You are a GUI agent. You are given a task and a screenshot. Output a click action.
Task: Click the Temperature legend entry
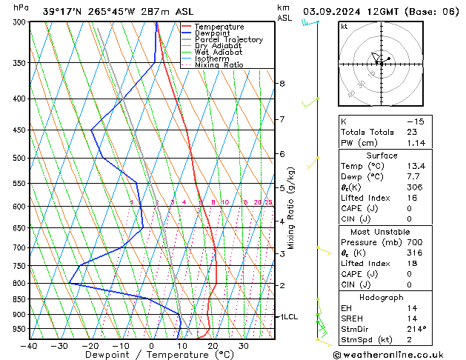click(x=219, y=27)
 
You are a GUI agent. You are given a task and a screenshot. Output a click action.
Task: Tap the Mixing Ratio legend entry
click(x=219, y=65)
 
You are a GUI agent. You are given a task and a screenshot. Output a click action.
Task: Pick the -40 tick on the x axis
click(x=30, y=346)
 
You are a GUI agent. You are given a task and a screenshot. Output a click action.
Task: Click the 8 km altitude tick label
click(x=282, y=84)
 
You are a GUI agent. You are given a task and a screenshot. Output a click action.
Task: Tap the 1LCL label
click(x=287, y=316)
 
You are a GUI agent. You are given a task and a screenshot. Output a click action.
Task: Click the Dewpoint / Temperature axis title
click(x=152, y=355)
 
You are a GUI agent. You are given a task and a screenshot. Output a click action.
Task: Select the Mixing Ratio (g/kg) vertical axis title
click(x=291, y=207)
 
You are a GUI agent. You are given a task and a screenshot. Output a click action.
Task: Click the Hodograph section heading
click(x=382, y=297)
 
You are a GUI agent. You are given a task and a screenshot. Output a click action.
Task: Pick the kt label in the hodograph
click(x=344, y=27)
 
